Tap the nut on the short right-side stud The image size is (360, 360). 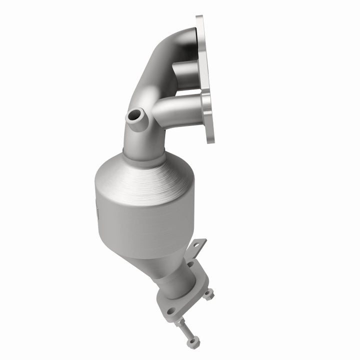click(208, 294)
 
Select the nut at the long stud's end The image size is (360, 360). click(191, 343)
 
